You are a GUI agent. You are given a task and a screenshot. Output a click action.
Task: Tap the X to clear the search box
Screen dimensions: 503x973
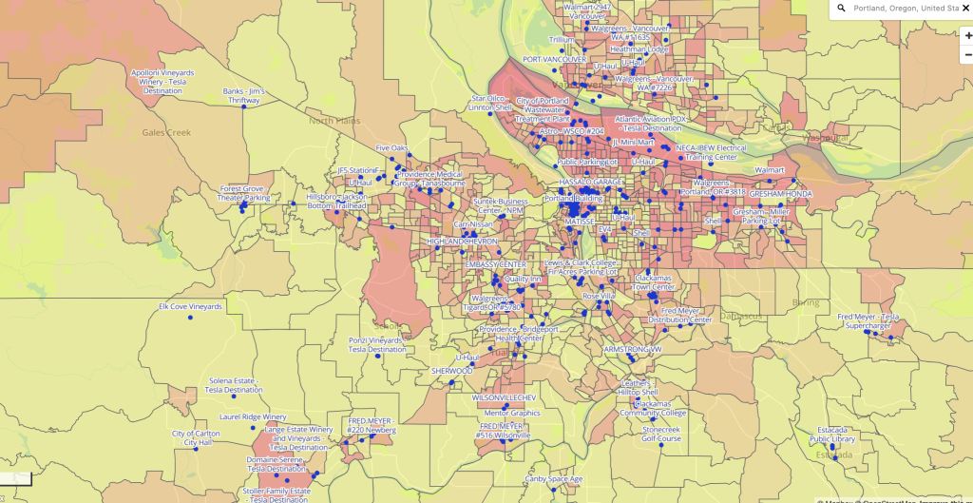pos(965,9)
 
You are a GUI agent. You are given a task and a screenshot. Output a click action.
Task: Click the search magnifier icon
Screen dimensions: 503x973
pos(841,9)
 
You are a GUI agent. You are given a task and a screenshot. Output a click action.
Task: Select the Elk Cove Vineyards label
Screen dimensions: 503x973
pos(190,306)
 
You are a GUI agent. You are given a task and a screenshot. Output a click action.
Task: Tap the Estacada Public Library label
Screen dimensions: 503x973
pos(832,434)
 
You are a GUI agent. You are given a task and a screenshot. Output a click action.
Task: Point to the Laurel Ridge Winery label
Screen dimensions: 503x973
pos(253,416)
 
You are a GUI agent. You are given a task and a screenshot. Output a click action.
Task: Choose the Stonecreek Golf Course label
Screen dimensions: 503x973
pos(661,434)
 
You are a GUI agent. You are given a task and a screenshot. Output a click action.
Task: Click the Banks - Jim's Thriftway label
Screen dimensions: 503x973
pos(244,95)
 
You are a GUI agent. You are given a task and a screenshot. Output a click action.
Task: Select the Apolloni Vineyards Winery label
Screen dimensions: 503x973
pos(162,81)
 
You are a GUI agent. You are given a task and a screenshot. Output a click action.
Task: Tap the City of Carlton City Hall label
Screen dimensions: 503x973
pos(198,437)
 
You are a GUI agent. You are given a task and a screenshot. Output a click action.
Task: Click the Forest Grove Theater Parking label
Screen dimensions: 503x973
pos(244,193)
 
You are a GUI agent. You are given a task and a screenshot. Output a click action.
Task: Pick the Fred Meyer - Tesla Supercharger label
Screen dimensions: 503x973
pos(868,320)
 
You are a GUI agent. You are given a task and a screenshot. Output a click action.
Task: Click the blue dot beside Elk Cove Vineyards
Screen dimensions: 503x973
pos(190,318)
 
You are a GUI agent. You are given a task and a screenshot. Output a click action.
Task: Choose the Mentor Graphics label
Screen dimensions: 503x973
pos(511,413)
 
